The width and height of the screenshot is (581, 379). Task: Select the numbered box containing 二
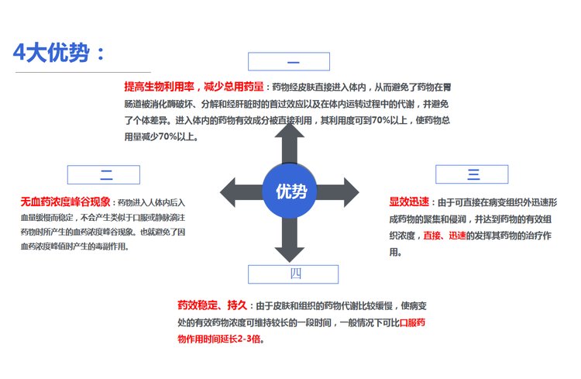point(104,174)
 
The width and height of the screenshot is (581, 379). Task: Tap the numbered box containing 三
point(473,174)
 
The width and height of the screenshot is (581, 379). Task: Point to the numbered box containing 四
point(296,274)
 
